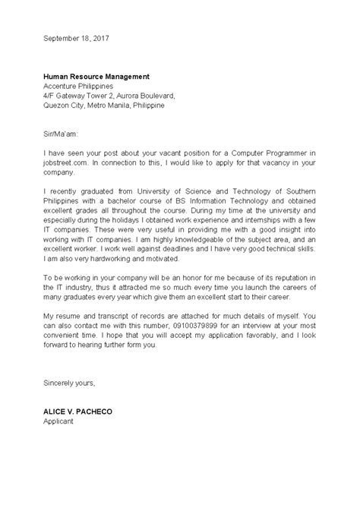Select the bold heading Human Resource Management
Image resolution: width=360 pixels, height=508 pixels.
pyautogui.click(x=96, y=76)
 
